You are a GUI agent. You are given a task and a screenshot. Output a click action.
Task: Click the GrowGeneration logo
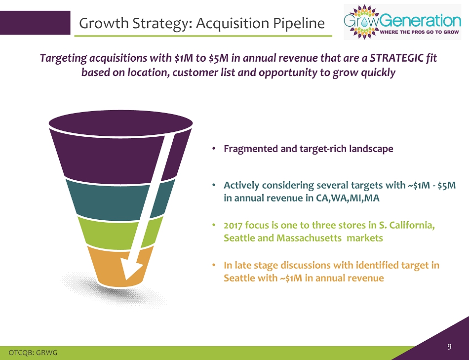pos(402,22)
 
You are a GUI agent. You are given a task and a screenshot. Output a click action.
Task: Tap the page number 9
pos(449,347)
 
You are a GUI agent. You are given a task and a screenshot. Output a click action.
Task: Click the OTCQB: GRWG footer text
pos(33,353)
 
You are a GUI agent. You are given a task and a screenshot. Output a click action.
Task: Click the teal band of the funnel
pos(119,200)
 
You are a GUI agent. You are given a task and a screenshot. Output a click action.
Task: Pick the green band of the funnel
pos(119,234)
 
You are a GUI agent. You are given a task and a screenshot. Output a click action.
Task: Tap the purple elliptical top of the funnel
pos(120,123)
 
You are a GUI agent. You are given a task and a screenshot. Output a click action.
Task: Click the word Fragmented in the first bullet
pos(251,149)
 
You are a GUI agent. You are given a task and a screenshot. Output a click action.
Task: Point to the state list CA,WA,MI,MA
pos(348,198)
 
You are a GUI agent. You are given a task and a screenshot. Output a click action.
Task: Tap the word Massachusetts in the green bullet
pos(309,238)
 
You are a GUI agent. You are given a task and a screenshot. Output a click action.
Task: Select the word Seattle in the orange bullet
pos(235,278)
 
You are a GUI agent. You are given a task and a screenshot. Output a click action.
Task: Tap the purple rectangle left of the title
pos(35,23)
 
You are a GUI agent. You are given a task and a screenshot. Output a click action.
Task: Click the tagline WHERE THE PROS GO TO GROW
pos(419,32)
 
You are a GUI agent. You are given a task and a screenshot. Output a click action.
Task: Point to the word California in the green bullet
pos(410,225)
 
